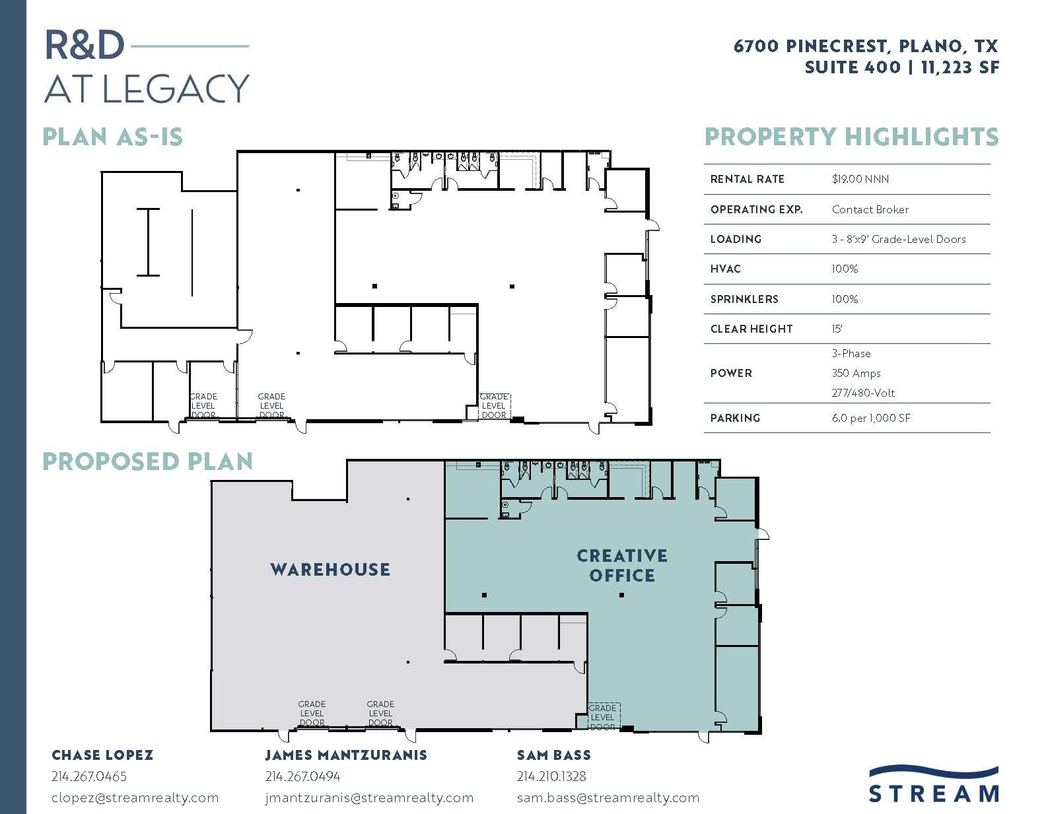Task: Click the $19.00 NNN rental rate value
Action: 860,179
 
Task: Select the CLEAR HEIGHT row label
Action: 751,329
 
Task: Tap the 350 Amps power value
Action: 856,373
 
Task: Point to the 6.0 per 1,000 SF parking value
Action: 871,418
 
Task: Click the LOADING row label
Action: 736,239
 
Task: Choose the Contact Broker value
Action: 870,209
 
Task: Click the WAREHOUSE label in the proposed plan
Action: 330,569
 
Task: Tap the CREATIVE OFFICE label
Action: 622,566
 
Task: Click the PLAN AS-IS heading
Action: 112,137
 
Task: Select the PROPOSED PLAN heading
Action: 147,461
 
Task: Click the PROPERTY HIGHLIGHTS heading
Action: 851,137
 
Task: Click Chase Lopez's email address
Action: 135,797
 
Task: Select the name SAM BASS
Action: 553,755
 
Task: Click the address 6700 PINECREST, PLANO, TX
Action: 866,46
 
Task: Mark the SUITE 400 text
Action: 852,67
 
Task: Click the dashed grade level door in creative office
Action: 604,717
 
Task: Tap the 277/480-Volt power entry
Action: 863,393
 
